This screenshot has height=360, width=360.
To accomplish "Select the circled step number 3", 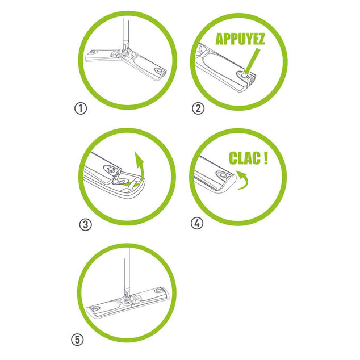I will (86, 224).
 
